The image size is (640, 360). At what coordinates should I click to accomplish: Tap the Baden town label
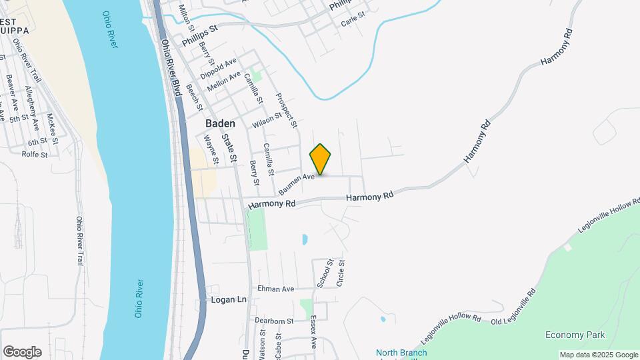(220, 123)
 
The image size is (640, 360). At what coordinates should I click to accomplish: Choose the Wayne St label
(211, 149)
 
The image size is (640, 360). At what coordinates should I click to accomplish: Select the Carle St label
(353, 17)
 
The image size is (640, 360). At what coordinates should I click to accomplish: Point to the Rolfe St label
(35, 155)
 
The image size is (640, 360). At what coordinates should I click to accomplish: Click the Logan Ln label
(229, 300)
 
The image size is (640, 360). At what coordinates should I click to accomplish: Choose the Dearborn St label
(274, 321)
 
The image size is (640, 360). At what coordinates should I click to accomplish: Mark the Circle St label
(341, 273)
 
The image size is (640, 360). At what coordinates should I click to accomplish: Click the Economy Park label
(575, 335)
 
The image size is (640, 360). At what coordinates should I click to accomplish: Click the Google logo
(21, 352)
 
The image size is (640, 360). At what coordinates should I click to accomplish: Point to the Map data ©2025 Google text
(598, 355)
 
